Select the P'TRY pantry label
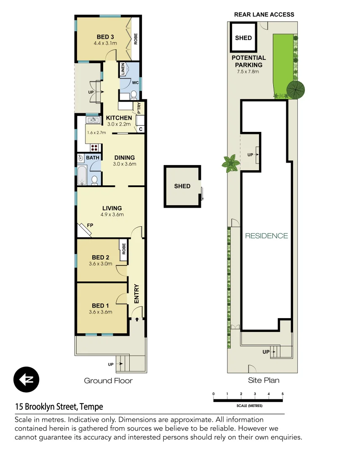[x=139, y=108]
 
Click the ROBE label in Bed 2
[x=123, y=249]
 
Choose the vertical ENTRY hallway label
[x=136, y=294]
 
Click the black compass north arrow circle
[x=26, y=380]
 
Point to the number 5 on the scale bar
[x=282, y=394]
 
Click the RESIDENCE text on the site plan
[x=267, y=236]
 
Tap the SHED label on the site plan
[x=243, y=37]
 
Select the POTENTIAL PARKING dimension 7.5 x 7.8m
[x=248, y=72]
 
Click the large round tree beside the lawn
[x=296, y=89]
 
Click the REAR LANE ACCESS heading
[x=264, y=14]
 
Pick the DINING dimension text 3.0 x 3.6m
[x=124, y=164]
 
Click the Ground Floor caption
[x=108, y=381]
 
